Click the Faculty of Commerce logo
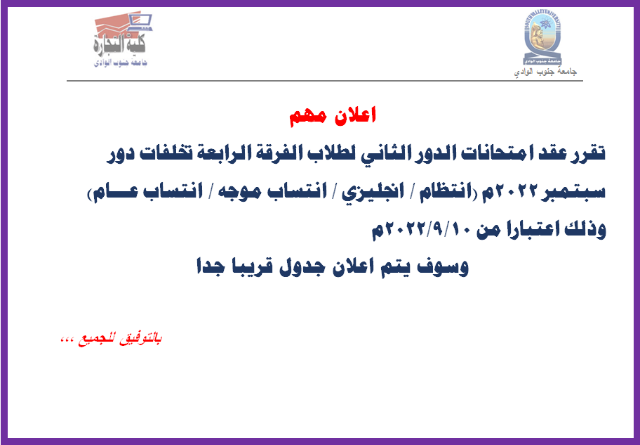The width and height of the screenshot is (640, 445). click(121, 38)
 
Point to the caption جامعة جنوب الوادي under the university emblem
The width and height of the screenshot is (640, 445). click(545, 72)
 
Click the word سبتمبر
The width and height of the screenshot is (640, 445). click(571, 191)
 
